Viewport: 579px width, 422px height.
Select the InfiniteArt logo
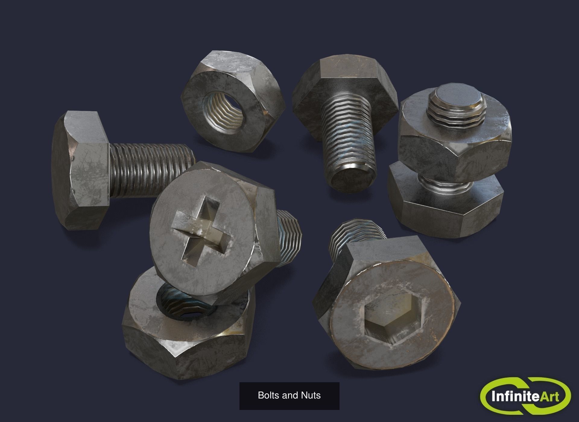coord(525,395)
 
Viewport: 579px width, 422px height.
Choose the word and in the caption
coord(289,395)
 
